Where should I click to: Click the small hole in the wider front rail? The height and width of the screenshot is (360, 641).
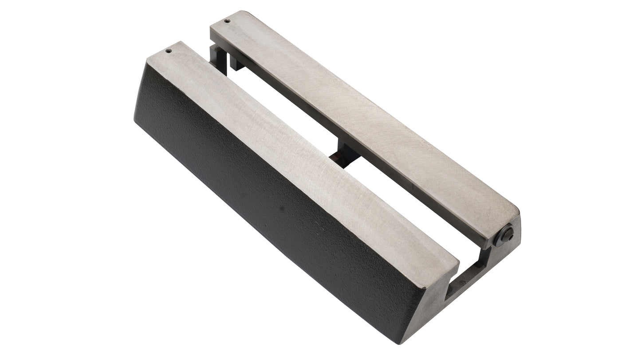coord(168,51)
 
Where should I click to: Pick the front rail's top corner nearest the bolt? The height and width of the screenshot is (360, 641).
coord(457,262)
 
